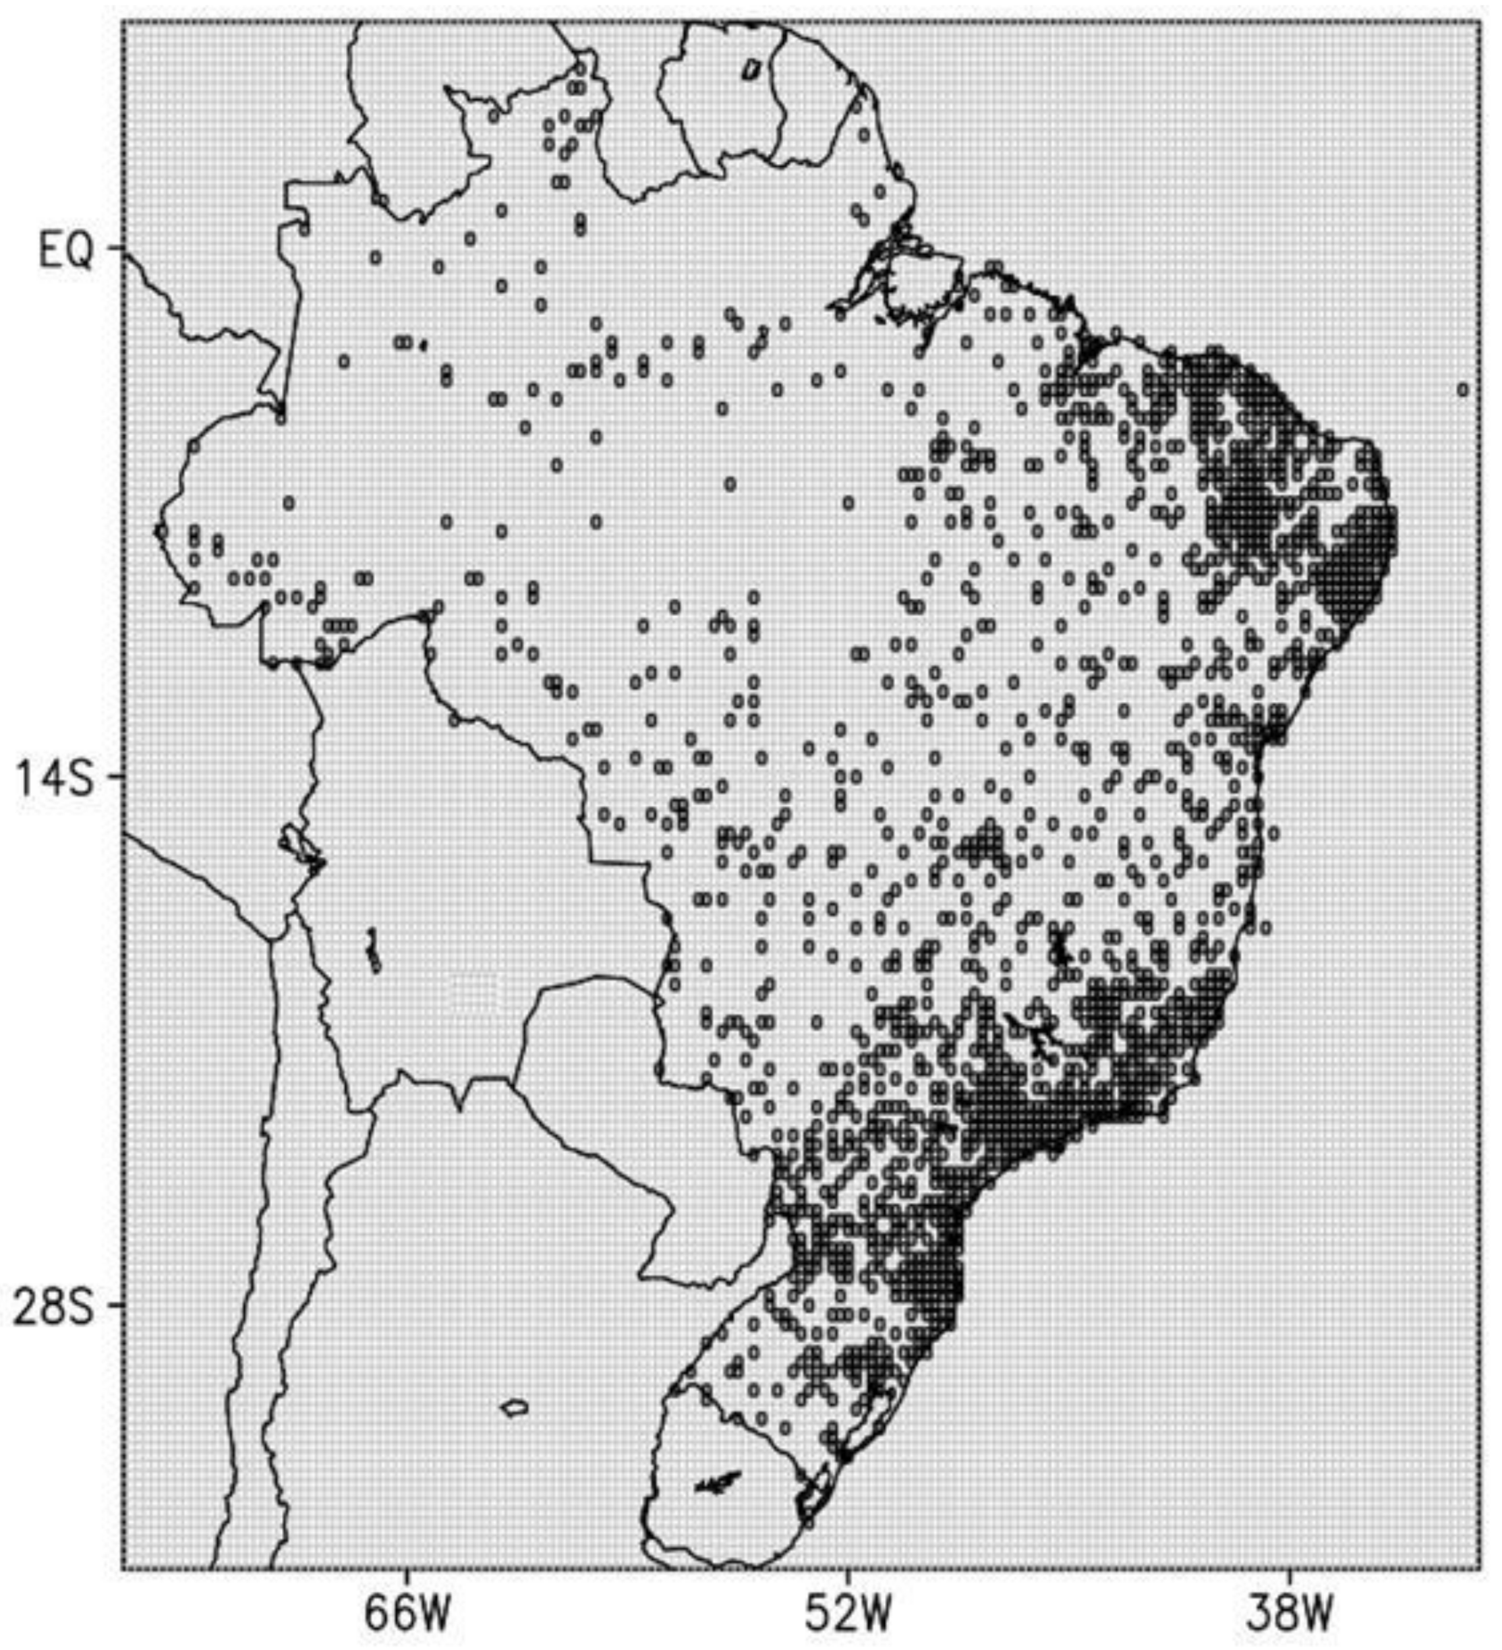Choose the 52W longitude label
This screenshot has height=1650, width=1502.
point(847,1612)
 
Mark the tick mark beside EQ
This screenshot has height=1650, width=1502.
point(115,247)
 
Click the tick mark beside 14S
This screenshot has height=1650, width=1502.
point(115,776)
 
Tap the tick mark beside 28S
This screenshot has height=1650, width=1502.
point(115,1305)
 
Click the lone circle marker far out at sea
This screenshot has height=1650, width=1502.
point(1462,390)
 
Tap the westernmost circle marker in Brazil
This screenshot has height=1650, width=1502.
point(161,531)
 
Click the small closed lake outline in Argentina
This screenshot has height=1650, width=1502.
point(514,1408)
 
